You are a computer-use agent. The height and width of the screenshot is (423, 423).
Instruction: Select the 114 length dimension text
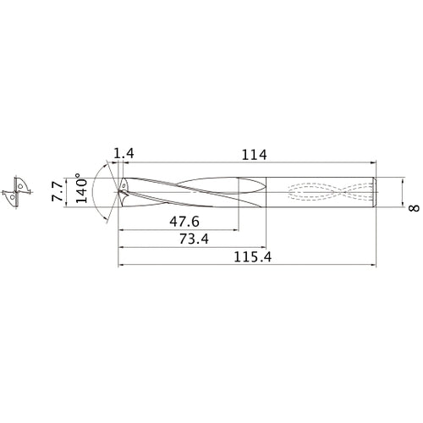[x=254, y=155]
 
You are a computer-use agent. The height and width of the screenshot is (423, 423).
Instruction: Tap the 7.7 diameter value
[x=58, y=190]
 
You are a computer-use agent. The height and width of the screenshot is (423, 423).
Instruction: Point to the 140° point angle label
[x=80, y=190]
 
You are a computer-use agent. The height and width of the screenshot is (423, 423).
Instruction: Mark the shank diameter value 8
[x=415, y=206]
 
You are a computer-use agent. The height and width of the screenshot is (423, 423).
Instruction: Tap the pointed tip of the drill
[x=118, y=191]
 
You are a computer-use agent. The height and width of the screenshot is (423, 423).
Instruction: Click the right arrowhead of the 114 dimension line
[x=375, y=164]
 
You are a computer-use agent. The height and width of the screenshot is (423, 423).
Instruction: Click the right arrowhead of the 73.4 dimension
[x=265, y=248]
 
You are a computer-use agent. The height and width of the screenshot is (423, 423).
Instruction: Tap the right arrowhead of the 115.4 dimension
[x=375, y=266]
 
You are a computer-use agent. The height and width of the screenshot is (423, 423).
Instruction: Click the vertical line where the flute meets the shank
[x=267, y=191]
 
